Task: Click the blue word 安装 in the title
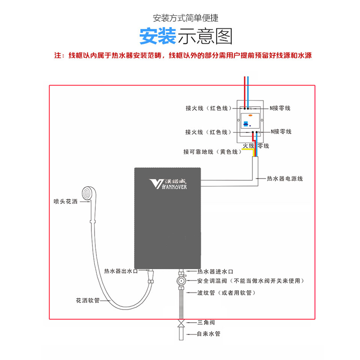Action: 157,36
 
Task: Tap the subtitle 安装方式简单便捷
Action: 185,18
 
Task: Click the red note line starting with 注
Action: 183,56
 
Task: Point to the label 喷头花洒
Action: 66,202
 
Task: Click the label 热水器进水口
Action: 215,272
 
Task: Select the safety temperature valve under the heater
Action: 180,281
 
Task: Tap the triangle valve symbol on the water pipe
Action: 180,323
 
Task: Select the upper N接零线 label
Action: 280,108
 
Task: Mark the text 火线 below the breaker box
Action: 248,146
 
